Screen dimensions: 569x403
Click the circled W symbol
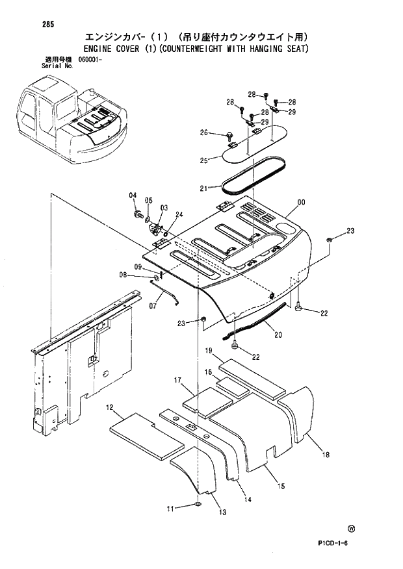coord(352,528)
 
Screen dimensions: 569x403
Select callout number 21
coord(203,188)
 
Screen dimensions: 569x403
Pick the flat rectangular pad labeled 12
coord(147,433)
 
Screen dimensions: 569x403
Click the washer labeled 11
coord(197,505)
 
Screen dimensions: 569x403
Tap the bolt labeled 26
coord(229,135)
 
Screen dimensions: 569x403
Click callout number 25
coord(203,160)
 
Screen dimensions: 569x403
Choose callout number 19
coord(210,351)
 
